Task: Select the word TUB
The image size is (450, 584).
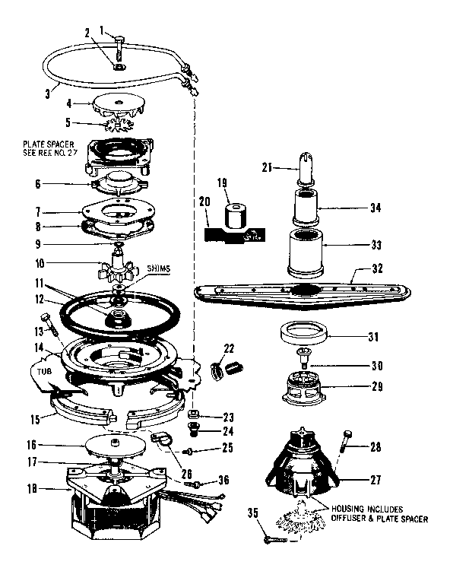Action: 42,370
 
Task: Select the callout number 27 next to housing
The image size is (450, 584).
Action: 372,481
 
